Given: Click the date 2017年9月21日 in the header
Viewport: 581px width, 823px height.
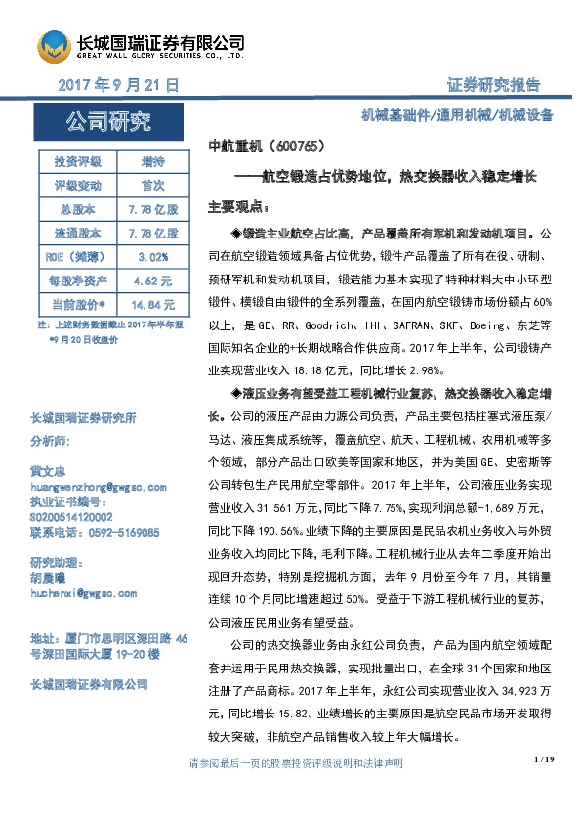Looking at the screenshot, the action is pos(119,85).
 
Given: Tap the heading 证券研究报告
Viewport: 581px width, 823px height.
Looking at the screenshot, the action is pos(493,85).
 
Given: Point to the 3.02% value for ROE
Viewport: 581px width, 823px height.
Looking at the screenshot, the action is pos(153,256).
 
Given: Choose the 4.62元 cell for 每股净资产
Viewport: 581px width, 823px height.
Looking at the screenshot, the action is pos(153,280).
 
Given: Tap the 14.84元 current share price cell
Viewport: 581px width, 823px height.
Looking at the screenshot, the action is pos(153,304).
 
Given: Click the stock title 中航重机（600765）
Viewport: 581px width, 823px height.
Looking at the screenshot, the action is pos(266,145).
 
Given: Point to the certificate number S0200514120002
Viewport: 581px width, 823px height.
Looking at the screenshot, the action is pos(71,516).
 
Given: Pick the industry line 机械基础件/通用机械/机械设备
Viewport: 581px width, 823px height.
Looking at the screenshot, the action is pos(457,114).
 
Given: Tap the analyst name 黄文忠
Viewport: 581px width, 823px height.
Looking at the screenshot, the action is pos(49,470).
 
